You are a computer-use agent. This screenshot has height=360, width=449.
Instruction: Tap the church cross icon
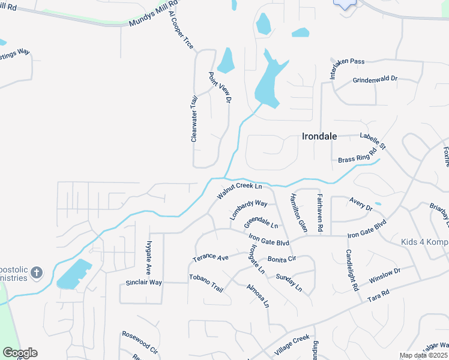click(x=36, y=273)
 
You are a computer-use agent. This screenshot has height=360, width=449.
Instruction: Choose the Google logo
click(x=20, y=353)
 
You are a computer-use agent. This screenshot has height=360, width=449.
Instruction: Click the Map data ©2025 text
click(x=423, y=355)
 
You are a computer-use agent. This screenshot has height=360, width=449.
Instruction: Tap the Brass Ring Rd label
click(x=357, y=157)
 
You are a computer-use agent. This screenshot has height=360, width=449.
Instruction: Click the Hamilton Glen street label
click(x=298, y=213)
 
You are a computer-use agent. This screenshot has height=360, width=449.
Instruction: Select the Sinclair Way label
click(x=143, y=282)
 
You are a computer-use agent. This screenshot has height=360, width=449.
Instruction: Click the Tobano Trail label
click(x=206, y=283)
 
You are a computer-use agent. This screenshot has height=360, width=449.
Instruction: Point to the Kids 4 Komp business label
click(x=425, y=242)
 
